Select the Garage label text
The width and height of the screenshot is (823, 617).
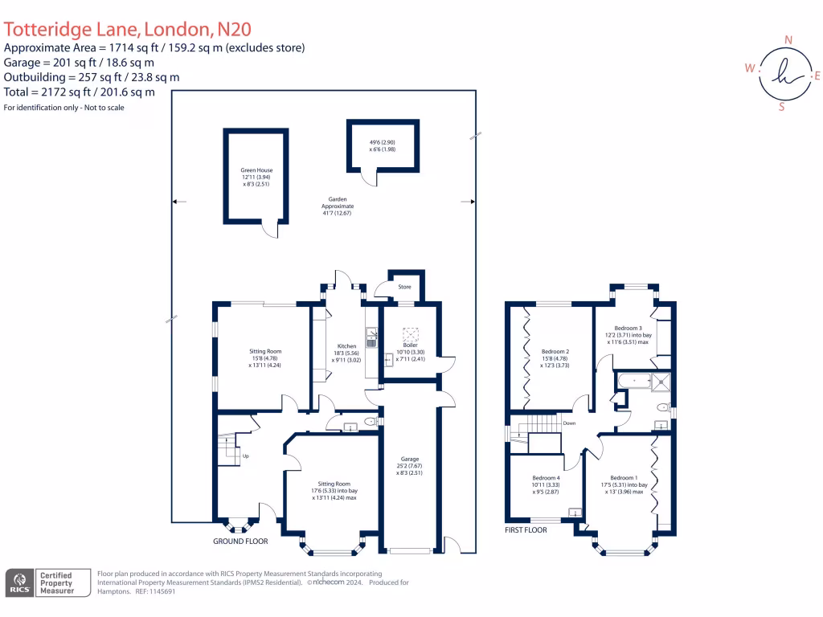click(410, 459)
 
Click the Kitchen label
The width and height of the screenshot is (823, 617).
click(346, 346)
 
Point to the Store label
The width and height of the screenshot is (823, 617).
click(405, 287)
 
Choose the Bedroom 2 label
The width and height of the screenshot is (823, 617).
click(555, 352)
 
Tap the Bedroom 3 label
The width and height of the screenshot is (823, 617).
click(629, 328)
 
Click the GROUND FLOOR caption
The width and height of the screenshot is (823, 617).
click(240, 541)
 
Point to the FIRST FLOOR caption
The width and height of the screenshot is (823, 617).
click(526, 530)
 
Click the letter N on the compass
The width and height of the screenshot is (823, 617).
click(788, 39)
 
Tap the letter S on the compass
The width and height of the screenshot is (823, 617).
click(781, 106)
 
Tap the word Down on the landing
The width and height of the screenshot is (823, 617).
click(569, 423)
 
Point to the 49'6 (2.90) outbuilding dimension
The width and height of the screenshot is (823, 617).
click(383, 141)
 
